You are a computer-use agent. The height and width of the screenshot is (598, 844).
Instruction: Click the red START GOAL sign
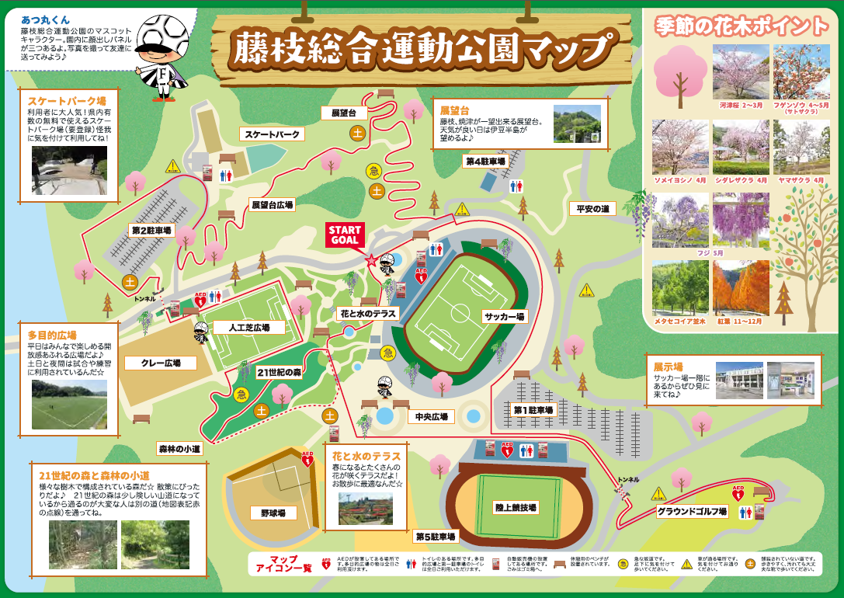345,235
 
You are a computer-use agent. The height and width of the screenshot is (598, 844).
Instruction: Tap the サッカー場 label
505,316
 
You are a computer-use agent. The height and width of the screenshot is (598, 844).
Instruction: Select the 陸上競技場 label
516,506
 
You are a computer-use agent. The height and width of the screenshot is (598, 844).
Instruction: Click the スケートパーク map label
271,134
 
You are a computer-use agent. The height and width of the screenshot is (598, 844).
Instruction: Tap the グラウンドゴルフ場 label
692,512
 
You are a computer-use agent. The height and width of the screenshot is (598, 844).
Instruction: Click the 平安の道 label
592,208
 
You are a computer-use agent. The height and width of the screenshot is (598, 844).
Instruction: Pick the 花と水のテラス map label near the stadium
367,315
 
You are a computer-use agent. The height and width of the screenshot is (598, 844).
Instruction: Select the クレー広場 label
161,363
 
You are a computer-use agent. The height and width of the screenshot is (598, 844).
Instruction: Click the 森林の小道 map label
179,448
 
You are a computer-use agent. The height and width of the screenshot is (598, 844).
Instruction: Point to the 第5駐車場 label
436,536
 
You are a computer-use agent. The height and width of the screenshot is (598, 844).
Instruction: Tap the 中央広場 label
431,417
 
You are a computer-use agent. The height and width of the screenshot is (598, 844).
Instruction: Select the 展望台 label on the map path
343,113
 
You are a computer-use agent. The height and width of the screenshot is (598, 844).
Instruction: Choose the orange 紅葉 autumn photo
741,287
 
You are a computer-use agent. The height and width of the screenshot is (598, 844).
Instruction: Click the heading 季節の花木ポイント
741,26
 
